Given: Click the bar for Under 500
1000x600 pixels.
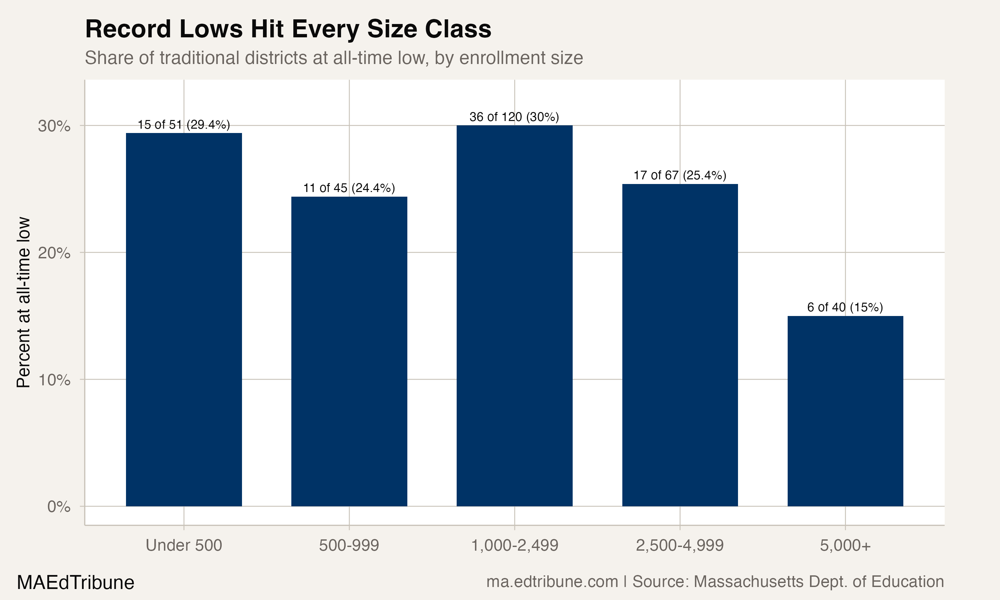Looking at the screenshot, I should (x=184, y=319).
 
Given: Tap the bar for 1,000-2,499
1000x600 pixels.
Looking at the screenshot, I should (x=515, y=315).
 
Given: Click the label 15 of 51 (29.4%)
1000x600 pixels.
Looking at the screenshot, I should (x=184, y=125).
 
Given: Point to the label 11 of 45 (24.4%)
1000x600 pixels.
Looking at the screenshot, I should (x=349, y=188).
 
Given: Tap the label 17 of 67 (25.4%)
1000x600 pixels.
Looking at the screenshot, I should (x=680, y=175).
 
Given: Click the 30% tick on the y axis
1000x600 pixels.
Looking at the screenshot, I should (x=54, y=126).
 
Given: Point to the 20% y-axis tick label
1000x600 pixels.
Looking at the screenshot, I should (x=54, y=253).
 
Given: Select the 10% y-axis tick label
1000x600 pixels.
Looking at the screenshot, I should (x=54, y=380).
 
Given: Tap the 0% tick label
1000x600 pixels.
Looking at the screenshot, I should (x=59, y=507).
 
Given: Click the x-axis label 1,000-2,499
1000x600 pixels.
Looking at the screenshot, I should (x=515, y=545).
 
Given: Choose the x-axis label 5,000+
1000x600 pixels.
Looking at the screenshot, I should (x=845, y=545).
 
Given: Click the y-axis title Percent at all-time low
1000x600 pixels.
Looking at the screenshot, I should (x=23, y=302).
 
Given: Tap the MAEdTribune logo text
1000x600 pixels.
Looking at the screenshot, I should (x=76, y=583).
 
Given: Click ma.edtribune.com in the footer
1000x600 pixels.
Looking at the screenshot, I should (x=552, y=582).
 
